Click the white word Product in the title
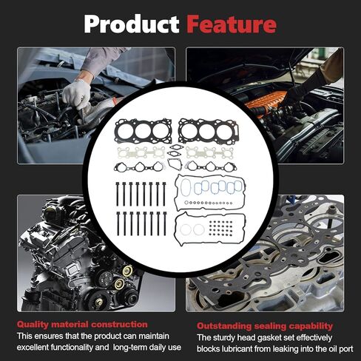pos(132,24)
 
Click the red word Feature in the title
pos(232,24)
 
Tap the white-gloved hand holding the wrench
pos(76,94)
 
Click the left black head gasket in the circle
pos(144,131)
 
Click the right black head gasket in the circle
pos(209,131)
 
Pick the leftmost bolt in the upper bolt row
pos(118,194)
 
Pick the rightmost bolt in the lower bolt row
pos(165,223)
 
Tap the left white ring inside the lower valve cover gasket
pos(185,230)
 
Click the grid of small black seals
pos(220,227)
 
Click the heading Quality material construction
pos(82,325)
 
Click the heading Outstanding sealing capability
pos(265,326)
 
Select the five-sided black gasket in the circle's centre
pos(175,164)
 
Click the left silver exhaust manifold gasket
pos(141,153)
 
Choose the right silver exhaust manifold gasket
pos(209,152)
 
